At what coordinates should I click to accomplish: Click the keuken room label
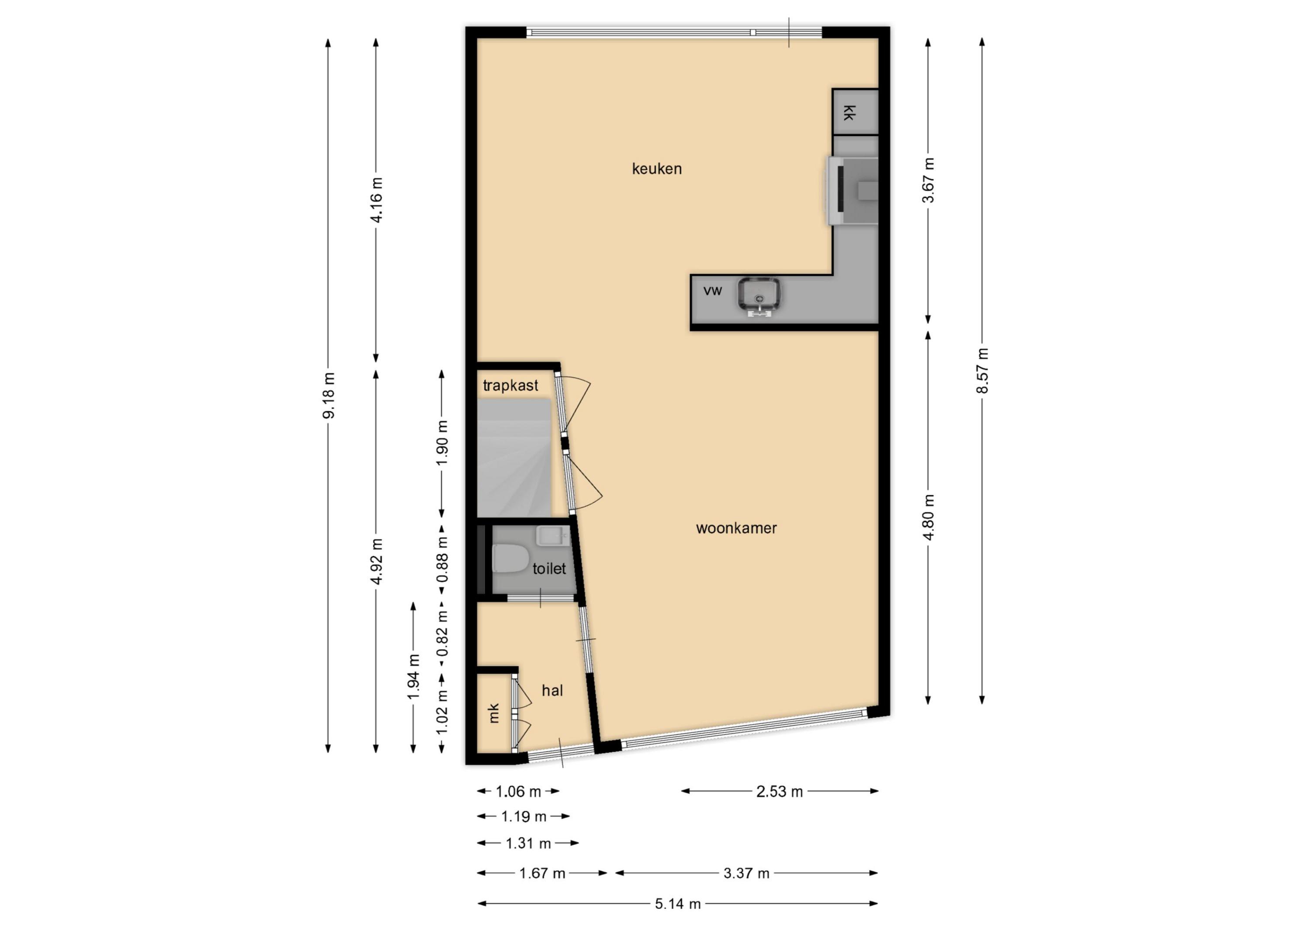pyautogui.click(x=657, y=169)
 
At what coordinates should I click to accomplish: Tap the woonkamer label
pyautogui.click(x=736, y=528)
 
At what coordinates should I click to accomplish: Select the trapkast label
pyautogui.click(x=510, y=386)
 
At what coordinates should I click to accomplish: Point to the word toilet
pyautogui.click(x=549, y=569)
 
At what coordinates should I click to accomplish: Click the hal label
pyautogui.click(x=552, y=691)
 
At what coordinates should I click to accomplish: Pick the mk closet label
pyautogui.click(x=494, y=713)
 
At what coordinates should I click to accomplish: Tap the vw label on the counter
pyautogui.click(x=713, y=291)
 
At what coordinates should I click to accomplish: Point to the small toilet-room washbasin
pyautogui.click(x=553, y=536)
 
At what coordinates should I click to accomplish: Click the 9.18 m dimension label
pyautogui.click(x=329, y=396)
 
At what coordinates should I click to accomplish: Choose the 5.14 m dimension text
pyautogui.click(x=677, y=904)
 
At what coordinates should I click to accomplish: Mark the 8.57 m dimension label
pyautogui.click(x=982, y=370)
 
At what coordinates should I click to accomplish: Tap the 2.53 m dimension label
pyautogui.click(x=779, y=792)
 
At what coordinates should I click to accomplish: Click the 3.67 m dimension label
pyautogui.click(x=928, y=180)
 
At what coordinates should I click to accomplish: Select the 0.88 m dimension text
pyautogui.click(x=442, y=560)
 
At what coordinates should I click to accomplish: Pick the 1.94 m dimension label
pyautogui.click(x=414, y=677)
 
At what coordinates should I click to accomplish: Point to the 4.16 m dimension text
pyautogui.click(x=376, y=200)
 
